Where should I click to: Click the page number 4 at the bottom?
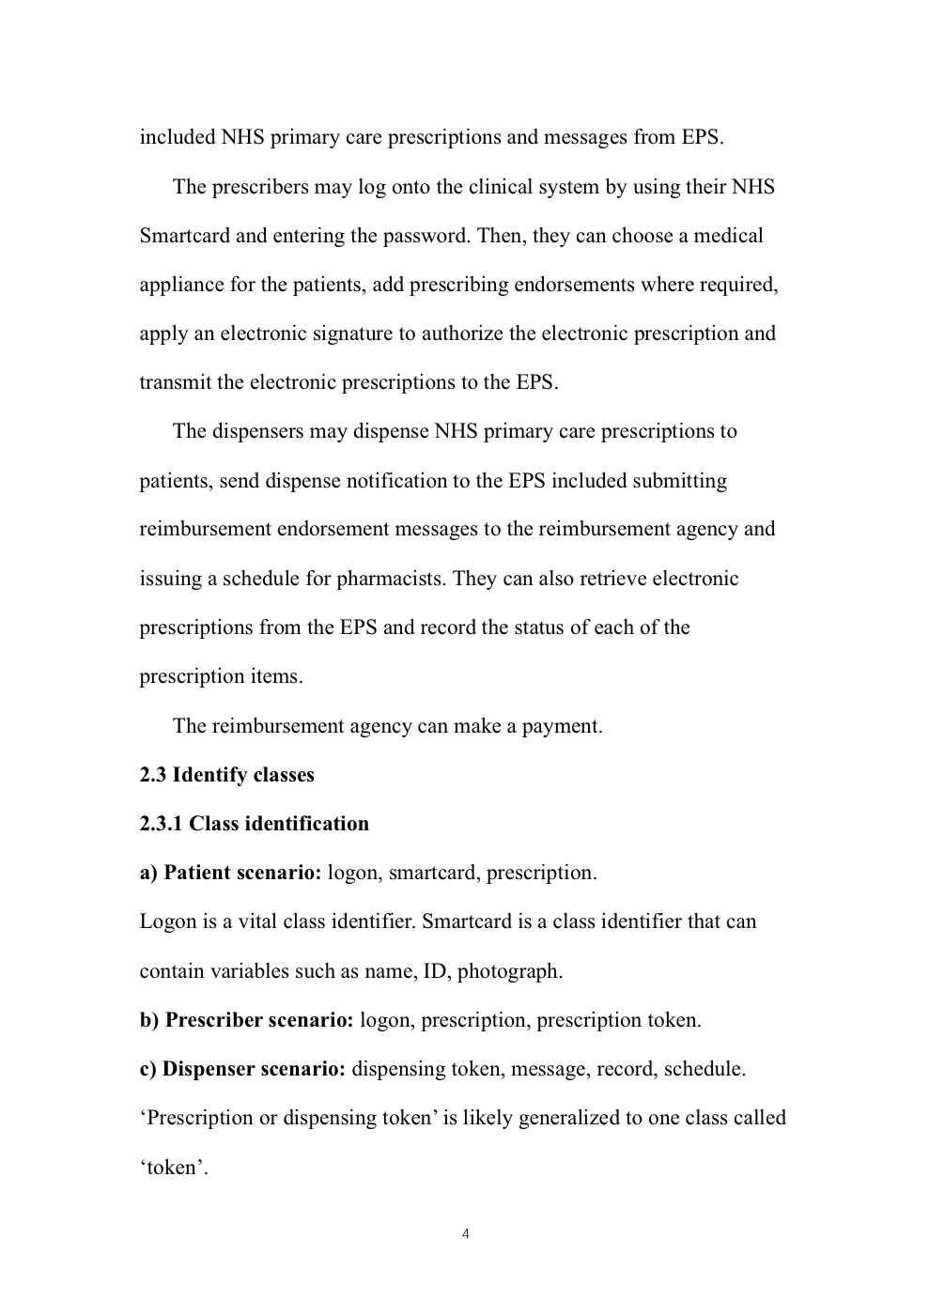coord(466,1234)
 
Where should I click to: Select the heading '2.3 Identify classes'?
coord(226,775)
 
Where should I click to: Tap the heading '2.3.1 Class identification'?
coord(254,824)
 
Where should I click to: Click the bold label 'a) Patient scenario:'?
coord(230,873)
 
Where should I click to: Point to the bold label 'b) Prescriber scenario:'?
coord(246,1020)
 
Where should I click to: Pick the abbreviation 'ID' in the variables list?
coord(434,971)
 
